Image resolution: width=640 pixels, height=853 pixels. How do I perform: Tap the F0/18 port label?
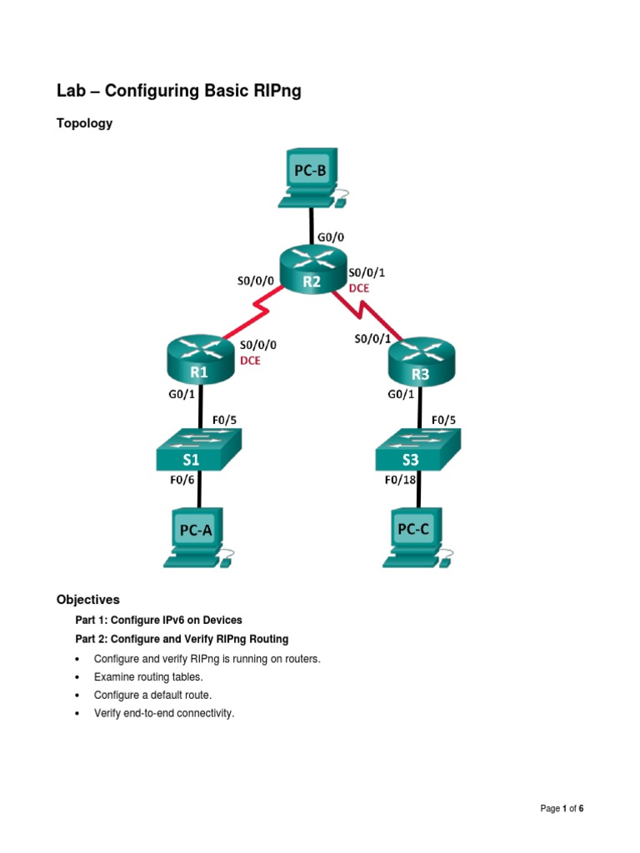click(x=402, y=479)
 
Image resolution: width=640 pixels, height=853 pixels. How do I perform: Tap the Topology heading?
click(x=84, y=123)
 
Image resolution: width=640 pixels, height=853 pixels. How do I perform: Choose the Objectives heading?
click(x=88, y=599)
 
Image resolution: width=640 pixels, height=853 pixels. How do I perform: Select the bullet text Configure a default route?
click(x=155, y=696)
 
